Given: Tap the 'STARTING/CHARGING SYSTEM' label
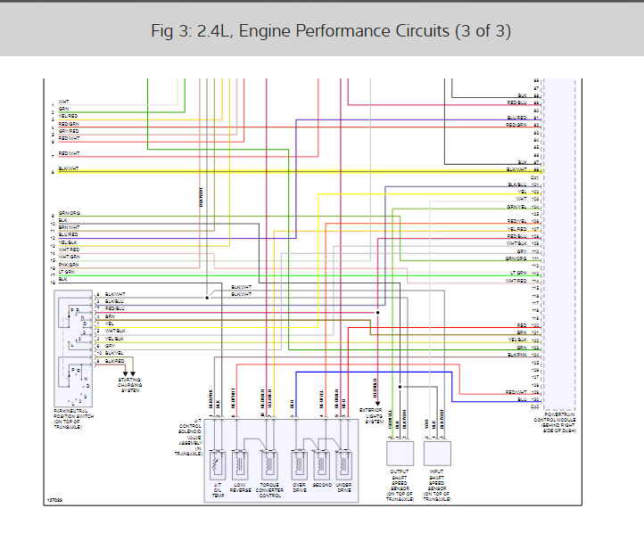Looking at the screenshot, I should tap(130, 385).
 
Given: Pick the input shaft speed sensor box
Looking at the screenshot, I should tap(438, 453).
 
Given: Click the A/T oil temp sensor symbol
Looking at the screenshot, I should tap(217, 464).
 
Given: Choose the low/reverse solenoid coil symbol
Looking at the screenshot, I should tap(239, 464).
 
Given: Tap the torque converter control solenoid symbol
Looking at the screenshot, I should tap(268, 464).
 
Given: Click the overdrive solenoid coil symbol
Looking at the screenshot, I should tap(299, 464).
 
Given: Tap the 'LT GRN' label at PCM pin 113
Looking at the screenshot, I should tap(518, 273).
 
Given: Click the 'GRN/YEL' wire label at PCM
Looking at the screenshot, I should tap(517, 207).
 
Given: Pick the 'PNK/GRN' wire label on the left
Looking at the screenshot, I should tap(69, 265).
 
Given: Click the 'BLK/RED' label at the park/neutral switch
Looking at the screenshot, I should tap(115, 361).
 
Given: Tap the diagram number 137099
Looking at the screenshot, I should tap(55, 501).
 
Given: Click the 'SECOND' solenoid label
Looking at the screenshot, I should tap(322, 486).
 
